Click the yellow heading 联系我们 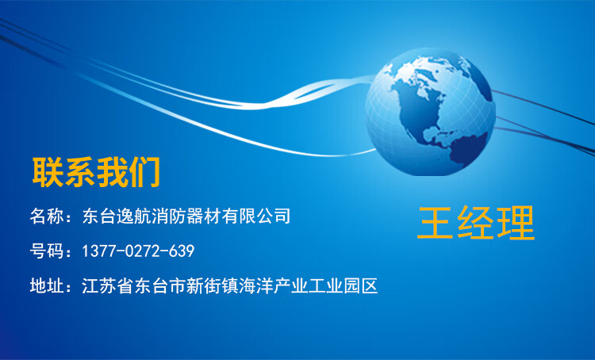pos(96,173)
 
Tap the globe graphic pos(430,113)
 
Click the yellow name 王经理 pos(476,223)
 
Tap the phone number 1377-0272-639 pos(138,251)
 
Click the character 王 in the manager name pos(436,223)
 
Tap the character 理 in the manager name pos(516,223)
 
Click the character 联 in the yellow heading pos(48,173)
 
